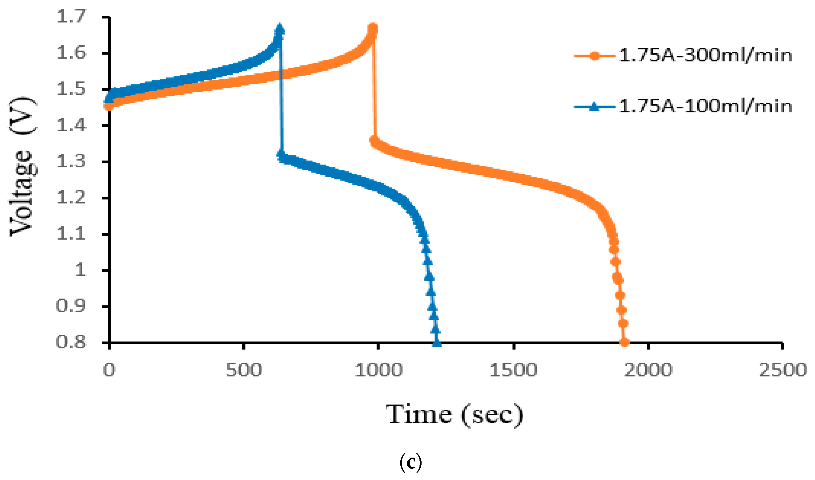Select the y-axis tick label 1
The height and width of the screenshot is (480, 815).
[x=81, y=269]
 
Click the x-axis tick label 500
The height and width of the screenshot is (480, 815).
[x=243, y=370]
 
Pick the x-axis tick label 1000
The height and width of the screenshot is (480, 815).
[x=378, y=370]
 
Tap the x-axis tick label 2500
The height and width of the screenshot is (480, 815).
[x=783, y=370]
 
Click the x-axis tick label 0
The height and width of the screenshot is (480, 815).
[x=109, y=370]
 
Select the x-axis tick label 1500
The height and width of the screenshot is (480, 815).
[x=513, y=370]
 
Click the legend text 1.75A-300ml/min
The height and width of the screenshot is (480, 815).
[x=705, y=56]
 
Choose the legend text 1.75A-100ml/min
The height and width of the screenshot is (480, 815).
[x=705, y=106]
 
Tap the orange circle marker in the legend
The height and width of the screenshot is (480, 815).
[x=594, y=56]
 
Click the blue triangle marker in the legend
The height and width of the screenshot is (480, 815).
[x=594, y=106]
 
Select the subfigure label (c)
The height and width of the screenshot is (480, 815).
[x=410, y=463]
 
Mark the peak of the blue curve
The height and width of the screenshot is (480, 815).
[x=279, y=29]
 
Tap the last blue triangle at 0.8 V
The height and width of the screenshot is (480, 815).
[x=437, y=342]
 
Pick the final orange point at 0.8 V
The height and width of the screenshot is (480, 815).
[x=624, y=342]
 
